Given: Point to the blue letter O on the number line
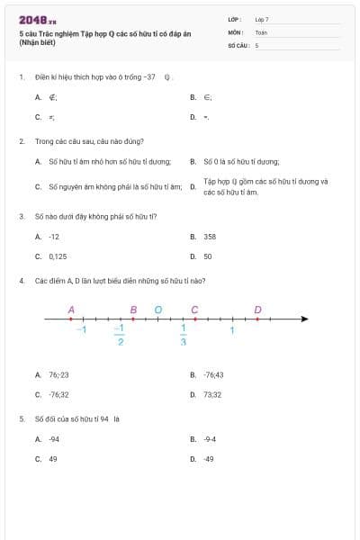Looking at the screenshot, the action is tap(158, 310).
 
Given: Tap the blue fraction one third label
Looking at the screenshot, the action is tap(184, 336).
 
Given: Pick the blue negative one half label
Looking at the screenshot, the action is tap(120, 336).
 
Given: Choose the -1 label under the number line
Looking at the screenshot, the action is tap(81, 330).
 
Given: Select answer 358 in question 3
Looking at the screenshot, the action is tap(210, 237).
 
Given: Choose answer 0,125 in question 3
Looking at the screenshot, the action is tap(58, 256).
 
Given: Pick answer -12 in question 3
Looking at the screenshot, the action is tap(54, 237).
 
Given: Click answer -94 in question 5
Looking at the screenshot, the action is tap(54, 439).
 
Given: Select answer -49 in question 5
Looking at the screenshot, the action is tap(209, 459).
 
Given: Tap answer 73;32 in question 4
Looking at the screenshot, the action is tap(212, 394).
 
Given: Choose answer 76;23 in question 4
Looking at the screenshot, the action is tap(58, 374).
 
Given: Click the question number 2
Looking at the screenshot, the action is tap(22, 141).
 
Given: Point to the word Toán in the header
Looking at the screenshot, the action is tap(261, 31).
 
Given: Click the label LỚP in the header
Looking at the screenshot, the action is tap(235, 19).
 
